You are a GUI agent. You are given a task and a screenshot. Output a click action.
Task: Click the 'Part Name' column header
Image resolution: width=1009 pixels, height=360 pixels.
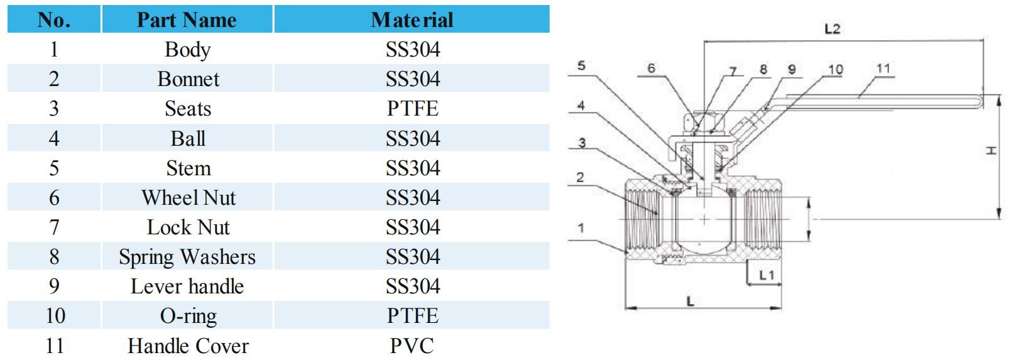(187, 19)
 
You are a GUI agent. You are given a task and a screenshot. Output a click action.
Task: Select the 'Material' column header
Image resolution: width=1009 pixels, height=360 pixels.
(412, 19)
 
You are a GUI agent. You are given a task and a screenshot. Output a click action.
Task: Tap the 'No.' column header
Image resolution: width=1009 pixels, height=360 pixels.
(54, 19)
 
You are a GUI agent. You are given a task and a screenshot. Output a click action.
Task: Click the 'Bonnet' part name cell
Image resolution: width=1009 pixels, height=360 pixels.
(188, 79)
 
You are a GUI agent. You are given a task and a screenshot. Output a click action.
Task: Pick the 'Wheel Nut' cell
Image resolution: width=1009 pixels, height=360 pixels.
(188, 198)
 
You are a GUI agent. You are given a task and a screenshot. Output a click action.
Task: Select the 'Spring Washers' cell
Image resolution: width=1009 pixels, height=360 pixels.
(187, 257)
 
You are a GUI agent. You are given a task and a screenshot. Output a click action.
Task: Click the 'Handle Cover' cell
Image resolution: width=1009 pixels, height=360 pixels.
(188, 346)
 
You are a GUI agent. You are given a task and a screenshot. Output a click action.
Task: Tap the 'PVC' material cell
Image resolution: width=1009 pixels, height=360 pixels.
(412, 346)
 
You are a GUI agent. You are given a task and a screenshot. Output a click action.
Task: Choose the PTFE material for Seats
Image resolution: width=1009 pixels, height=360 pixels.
(412, 109)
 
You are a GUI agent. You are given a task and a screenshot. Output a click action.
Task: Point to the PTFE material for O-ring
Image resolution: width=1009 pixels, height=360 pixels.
(412, 315)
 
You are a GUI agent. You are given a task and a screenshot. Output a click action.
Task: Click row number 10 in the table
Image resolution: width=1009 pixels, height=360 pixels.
(55, 315)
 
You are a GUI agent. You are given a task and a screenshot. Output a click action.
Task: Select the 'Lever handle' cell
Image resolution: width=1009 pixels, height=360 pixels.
(187, 286)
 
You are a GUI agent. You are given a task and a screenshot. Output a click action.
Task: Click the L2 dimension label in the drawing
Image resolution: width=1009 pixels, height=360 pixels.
(832, 29)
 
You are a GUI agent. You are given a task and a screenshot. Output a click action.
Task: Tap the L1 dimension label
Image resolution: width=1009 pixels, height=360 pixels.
(766, 275)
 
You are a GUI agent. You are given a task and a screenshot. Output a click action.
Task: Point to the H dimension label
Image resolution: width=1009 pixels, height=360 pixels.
(991, 151)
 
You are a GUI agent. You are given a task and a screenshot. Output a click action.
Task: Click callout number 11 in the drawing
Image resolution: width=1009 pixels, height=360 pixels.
(883, 68)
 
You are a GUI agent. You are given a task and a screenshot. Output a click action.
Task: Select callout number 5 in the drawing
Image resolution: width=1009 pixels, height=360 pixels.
(581, 65)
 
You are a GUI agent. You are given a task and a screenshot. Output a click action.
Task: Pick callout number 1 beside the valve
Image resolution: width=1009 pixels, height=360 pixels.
(581, 228)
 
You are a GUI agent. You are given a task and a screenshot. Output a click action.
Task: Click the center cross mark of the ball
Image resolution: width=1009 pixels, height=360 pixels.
(705, 219)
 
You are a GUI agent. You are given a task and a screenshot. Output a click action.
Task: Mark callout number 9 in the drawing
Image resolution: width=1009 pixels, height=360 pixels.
(792, 69)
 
